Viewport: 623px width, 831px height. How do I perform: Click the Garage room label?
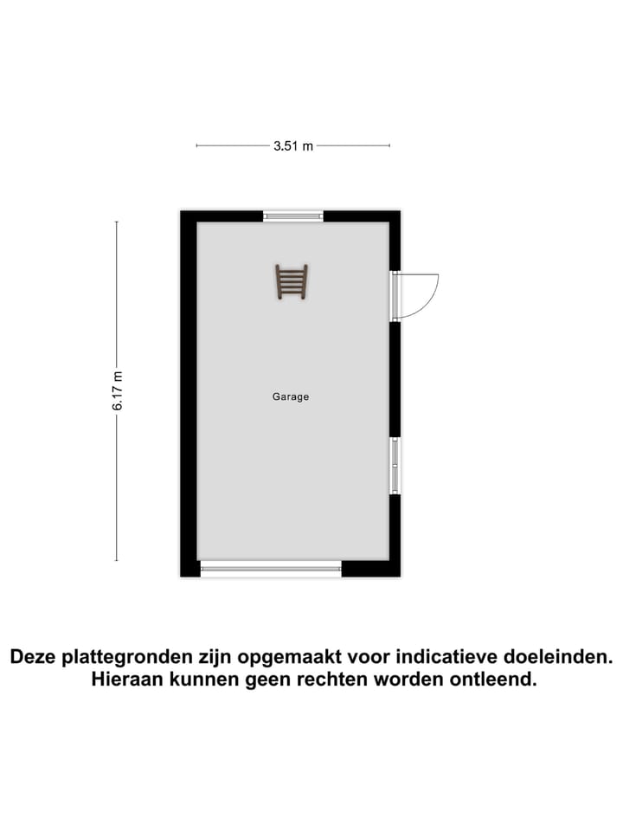click(x=291, y=397)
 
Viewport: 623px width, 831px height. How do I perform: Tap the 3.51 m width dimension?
click(x=292, y=146)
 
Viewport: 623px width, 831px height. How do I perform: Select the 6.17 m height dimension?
click(x=118, y=390)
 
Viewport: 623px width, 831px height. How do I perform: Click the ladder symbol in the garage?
click(x=292, y=282)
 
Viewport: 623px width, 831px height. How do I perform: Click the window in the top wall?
click(x=293, y=216)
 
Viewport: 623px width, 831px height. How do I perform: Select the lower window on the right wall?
click(x=395, y=466)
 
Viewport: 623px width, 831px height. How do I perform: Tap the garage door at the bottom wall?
click(x=271, y=569)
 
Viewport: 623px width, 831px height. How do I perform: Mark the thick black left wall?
click(x=189, y=394)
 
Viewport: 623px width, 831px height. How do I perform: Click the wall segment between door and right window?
click(x=395, y=379)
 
